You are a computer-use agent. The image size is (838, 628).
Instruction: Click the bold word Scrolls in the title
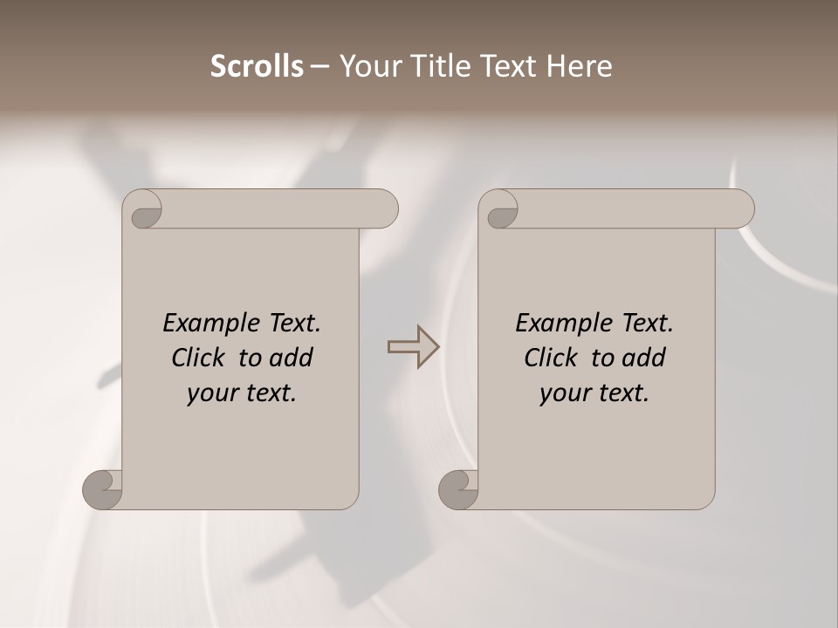(x=258, y=66)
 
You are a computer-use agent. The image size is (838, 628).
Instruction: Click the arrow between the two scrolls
(x=413, y=347)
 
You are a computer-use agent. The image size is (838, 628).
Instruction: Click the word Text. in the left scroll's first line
(x=291, y=324)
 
